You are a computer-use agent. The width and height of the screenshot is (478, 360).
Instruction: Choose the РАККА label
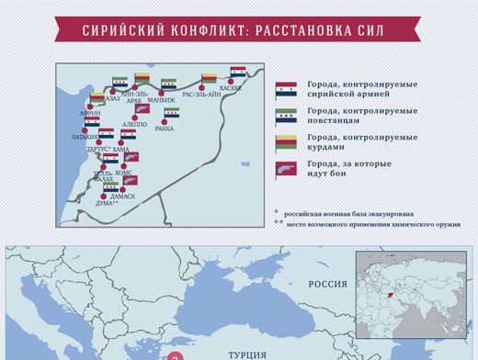pos(165,129)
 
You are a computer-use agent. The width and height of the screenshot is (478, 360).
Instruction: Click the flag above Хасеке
pos(238,72)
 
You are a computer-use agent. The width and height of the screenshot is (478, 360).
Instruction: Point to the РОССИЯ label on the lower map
pos(328,285)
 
